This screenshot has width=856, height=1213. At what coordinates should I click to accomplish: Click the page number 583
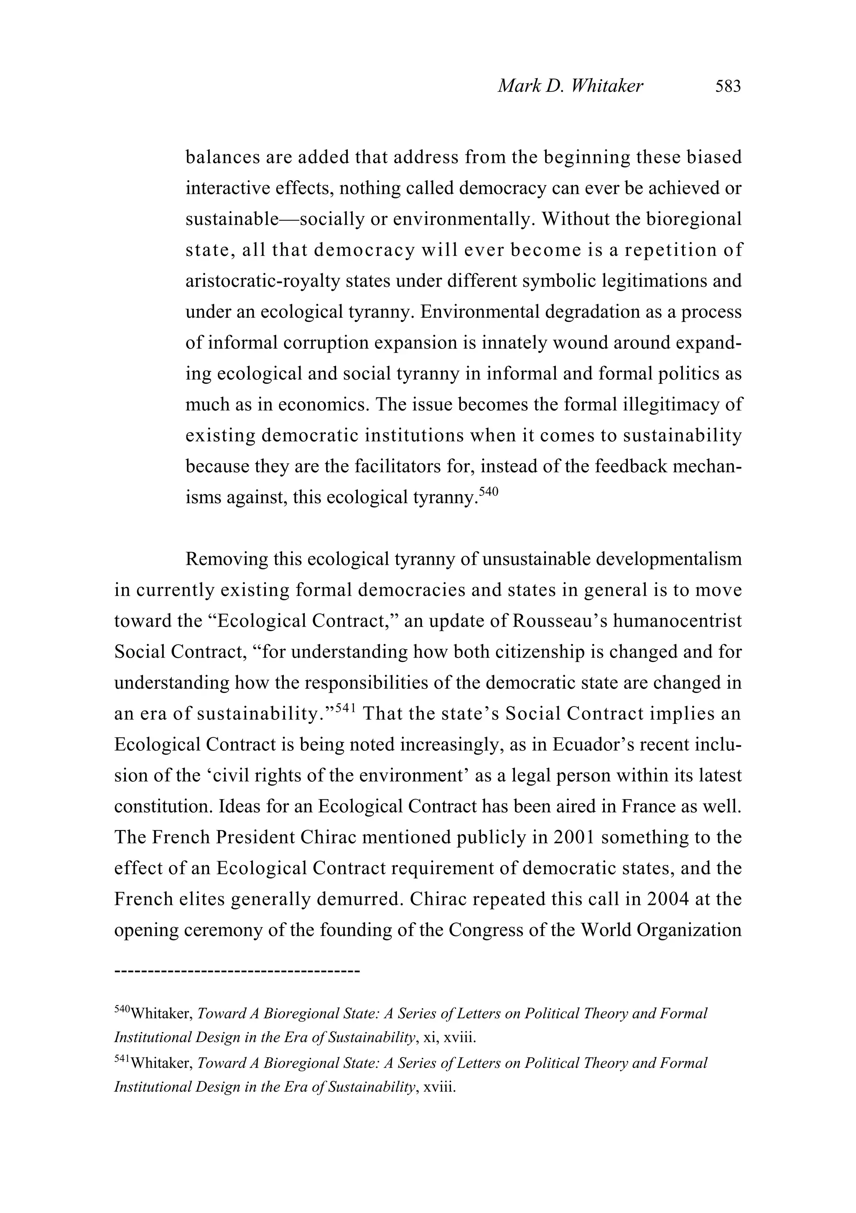(728, 86)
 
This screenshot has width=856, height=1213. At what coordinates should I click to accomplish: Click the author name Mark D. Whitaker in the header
(570, 86)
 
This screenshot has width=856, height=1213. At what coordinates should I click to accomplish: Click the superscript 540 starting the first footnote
(122, 1009)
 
